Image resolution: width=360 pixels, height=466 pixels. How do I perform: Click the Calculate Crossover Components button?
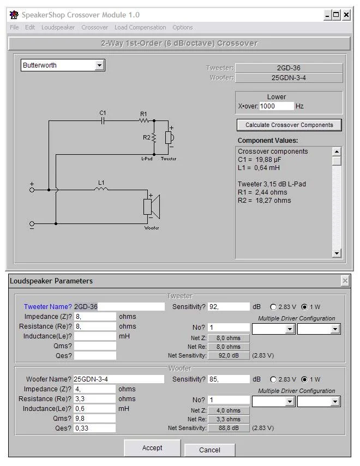coord(289,125)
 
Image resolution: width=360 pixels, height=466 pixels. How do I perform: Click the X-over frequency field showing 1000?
coord(277,106)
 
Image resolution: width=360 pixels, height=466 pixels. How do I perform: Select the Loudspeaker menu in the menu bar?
coord(58,27)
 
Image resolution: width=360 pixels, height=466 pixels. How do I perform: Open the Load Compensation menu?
coord(140,27)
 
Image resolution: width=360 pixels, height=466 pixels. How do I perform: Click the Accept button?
coord(152,448)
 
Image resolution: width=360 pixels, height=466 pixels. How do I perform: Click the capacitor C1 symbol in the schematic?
coord(102,120)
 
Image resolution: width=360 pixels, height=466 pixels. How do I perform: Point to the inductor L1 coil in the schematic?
coord(101,190)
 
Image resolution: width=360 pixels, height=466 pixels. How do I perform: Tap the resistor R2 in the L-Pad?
coord(154,138)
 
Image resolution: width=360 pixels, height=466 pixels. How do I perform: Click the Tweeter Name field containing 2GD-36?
coord(119,307)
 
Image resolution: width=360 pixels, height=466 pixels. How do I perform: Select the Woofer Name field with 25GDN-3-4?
coord(118,379)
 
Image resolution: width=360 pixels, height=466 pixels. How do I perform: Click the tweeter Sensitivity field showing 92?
coord(228,307)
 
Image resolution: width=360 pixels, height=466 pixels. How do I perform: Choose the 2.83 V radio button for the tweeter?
coord(273,307)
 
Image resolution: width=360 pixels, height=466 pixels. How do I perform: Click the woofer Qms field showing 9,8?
coord(94,418)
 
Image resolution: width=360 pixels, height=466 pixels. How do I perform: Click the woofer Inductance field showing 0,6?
coord(94,408)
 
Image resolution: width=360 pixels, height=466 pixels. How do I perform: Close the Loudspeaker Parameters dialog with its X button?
coord(345,281)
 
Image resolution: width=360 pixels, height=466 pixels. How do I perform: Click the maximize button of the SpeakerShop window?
coord(336,15)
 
